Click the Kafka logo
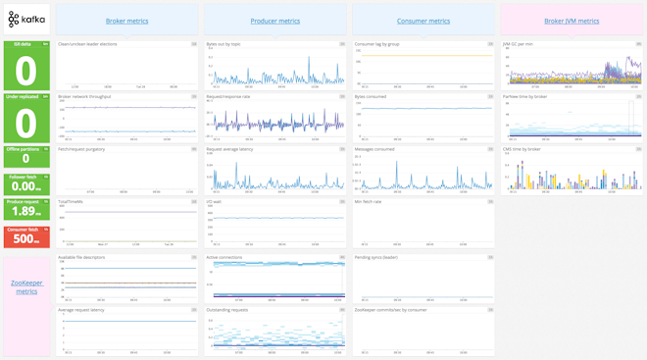tap(26, 21)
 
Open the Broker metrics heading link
tap(126, 21)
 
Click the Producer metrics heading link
tap(275, 21)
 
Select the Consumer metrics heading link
tap(423, 21)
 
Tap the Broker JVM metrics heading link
tap(572, 21)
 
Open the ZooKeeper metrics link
tap(26, 286)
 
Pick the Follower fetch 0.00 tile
tap(26, 183)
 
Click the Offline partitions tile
tap(26, 156)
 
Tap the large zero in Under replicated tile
tap(26, 123)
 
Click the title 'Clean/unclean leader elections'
tap(87, 44)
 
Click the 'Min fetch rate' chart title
tap(368, 202)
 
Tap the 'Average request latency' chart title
tap(81, 309)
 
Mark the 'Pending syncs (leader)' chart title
tap(378, 257)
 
